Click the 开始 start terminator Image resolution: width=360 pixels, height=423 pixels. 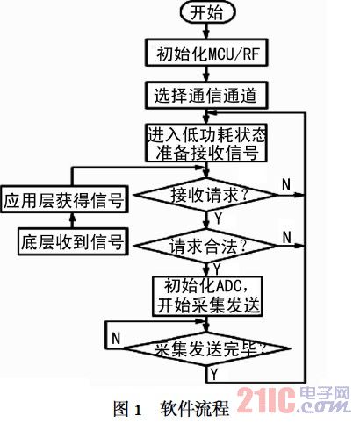point(207,13)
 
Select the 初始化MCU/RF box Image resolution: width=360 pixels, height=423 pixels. point(206,53)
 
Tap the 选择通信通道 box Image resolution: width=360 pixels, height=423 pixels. point(206,96)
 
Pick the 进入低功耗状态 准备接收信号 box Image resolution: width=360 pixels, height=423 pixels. point(206,143)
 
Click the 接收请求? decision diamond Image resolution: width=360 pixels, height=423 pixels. point(206,195)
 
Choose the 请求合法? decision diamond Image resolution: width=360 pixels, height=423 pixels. point(206,246)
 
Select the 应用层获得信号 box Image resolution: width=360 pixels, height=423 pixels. point(64,199)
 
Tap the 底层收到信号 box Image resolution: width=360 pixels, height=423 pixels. point(73,241)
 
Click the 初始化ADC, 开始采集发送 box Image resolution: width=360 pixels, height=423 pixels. point(207,296)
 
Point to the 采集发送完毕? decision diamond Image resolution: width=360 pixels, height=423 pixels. point(206,348)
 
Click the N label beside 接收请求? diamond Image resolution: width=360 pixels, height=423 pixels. point(286,184)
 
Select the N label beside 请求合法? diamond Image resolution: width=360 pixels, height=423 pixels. point(287,237)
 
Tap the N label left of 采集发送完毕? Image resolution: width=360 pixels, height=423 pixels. point(116,339)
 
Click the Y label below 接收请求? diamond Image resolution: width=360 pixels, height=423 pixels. point(219,219)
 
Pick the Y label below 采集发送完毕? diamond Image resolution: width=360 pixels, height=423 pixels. point(215,374)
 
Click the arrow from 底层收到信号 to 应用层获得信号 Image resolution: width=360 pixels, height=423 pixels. point(73,220)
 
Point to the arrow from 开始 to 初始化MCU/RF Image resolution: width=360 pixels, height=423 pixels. point(206,31)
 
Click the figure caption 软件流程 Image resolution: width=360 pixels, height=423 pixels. point(194,408)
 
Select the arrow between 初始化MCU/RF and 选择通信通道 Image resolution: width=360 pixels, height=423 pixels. point(206,75)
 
